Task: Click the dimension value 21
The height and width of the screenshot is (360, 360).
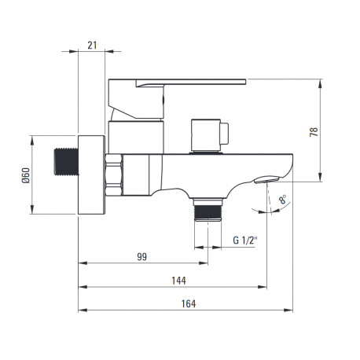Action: [x=92, y=46]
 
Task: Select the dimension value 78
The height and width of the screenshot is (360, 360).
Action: [x=314, y=131]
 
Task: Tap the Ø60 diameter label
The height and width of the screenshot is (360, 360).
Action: [x=26, y=175]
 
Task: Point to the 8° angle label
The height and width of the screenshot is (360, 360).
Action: [x=283, y=199]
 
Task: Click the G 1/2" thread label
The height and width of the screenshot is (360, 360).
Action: [x=245, y=240]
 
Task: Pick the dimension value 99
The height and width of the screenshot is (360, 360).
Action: [x=142, y=257]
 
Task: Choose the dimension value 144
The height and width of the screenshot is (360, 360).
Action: [x=178, y=281]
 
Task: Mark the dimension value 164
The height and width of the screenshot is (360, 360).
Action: [x=189, y=303]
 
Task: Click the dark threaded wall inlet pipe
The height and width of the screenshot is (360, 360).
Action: [x=66, y=162]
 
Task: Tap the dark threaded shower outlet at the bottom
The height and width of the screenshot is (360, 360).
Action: [x=208, y=211]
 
